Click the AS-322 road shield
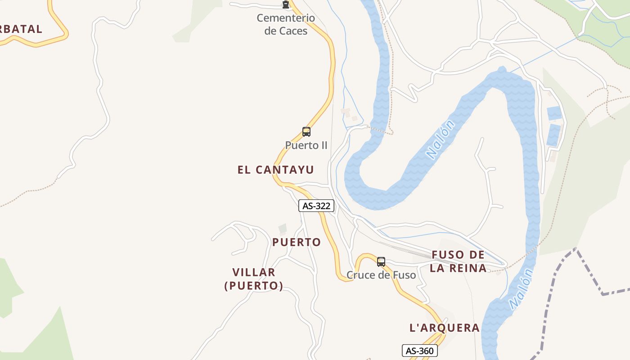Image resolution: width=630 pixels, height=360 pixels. coord(316,206)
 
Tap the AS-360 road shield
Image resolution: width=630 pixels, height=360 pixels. coord(419,351)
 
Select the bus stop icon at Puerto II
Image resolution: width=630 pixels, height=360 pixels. coord(306,132)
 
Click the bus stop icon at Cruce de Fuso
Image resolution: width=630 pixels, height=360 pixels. coord(381,262)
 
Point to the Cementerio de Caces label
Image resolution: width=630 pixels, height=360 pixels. coord(286,24)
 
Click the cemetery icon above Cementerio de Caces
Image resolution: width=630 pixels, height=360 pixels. coord(285,5)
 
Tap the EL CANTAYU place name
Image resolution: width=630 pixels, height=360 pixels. coord(275,170)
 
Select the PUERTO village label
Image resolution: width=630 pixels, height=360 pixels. coord(297,242)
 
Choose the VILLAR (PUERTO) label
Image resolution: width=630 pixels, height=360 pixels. coord(254,279)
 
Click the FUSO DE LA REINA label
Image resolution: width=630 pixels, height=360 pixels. coord(458,261)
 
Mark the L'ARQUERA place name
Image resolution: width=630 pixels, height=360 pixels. coord(444,328)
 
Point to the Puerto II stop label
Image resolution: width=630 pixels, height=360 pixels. coord(306,145)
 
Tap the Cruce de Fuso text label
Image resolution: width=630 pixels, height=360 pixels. coord(381,275)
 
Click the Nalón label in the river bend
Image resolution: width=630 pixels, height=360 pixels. coord(441,139)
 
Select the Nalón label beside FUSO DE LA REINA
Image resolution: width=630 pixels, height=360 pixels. coord(521,288)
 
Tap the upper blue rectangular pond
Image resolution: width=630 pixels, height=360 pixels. coord(554,113)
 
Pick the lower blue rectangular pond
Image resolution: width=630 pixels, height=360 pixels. coord(553,135)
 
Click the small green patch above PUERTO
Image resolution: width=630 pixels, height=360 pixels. coord(283,229)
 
